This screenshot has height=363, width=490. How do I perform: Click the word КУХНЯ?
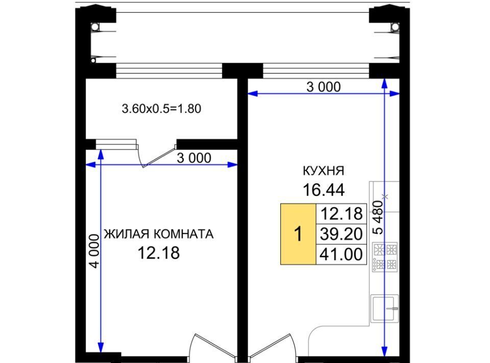pyautogui.click(x=324, y=171)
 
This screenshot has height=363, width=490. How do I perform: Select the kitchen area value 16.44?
pyautogui.click(x=324, y=190)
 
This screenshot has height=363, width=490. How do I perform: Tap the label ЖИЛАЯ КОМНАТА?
pyautogui.click(x=159, y=234)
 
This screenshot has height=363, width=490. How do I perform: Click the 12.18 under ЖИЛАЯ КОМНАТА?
pyautogui.click(x=159, y=253)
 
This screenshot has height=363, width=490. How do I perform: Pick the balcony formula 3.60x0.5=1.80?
pyautogui.click(x=161, y=109)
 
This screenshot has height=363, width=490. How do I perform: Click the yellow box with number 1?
pyautogui.click(x=298, y=234)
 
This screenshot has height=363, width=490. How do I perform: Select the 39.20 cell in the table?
pyautogui.click(x=341, y=234)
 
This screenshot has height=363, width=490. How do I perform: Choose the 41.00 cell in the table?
pyautogui.click(x=341, y=255)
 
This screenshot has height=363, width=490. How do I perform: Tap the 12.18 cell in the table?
pyautogui.click(x=341, y=214)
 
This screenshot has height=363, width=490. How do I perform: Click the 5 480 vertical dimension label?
pyautogui.click(x=378, y=217)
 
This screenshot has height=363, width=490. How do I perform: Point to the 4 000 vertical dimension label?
pyautogui.click(x=94, y=251)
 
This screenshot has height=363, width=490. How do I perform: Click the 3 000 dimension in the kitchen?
pyautogui.click(x=324, y=87)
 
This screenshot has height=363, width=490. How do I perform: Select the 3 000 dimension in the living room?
pyautogui.click(x=194, y=158)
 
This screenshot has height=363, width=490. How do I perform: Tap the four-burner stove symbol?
pyautogui.click(x=385, y=257)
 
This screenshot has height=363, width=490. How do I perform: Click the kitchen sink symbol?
pyautogui.click(x=385, y=309)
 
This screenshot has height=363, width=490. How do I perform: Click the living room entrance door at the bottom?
pyautogui.click(x=212, y=346)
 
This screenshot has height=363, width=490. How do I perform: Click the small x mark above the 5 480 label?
pyautogui.click(x=386, y=196)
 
